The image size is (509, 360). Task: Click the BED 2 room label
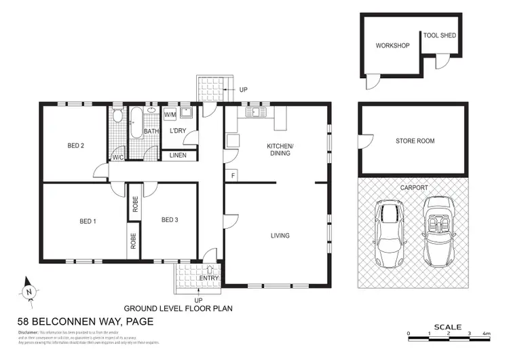coord(75,145)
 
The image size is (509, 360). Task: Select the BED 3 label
coord(170,220)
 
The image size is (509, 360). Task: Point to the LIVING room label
coord(280,236)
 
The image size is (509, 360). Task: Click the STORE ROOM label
coord(415,141)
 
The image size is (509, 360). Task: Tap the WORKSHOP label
coord(392,46)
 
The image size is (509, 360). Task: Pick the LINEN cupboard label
coord(178,156)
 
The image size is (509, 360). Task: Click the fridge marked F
coord(232,175)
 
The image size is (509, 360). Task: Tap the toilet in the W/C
coord(117,117)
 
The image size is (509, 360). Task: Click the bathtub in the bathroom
coord(135,124)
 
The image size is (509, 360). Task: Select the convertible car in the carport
coord(438,231)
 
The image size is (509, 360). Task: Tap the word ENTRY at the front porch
coord(206,278)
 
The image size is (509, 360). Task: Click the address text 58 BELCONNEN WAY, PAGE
coord(85,321)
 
